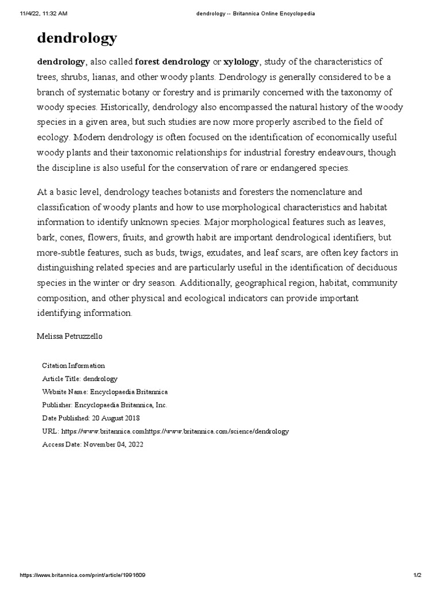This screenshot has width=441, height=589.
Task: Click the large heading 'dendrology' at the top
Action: click(77, 38)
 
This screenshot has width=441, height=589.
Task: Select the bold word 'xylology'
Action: click(241, 62)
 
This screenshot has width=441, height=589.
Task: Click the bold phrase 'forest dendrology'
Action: click(172, 62)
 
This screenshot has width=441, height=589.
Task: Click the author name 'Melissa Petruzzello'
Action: click(70, 336)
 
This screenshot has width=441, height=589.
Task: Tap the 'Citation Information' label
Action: click(73, 365)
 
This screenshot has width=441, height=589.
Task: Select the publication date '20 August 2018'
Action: click(115, 418)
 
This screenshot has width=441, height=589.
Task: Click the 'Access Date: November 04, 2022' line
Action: click(93, 445)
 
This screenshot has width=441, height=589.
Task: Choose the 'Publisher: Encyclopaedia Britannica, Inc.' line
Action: click(105, 405)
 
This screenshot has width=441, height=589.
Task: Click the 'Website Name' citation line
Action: click(105, 392)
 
